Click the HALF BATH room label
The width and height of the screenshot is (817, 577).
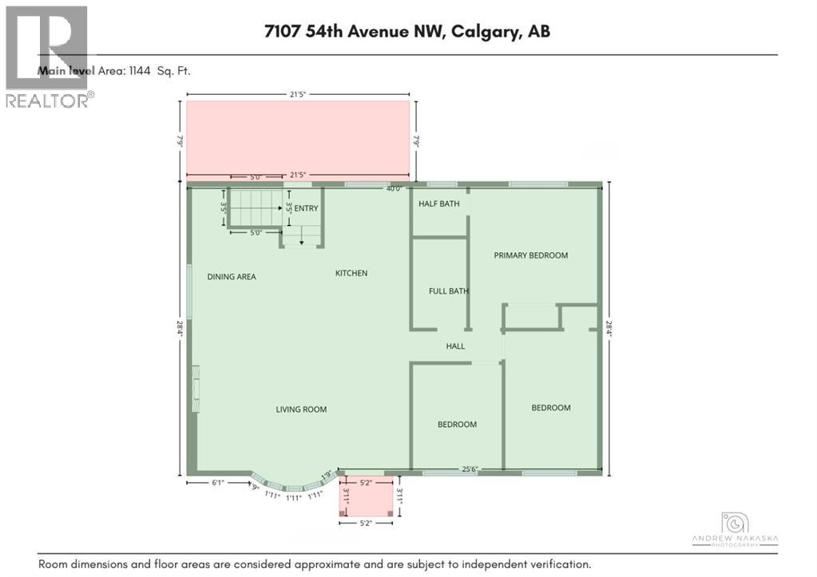tap(439, 204)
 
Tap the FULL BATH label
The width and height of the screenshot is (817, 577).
tap(448, 291)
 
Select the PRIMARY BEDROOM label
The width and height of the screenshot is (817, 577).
tap(530, 255)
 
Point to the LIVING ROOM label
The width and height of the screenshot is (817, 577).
tap(301, 409)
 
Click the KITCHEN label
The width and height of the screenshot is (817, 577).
tap(351, 273)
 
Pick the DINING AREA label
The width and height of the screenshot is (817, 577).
tap(232, 277)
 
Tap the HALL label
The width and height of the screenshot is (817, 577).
tap(455, 346)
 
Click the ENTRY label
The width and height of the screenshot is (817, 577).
tap(306, 208)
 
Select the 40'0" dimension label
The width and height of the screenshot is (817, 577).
tap(394, 189)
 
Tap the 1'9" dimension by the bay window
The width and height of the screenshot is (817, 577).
tap(326, 475)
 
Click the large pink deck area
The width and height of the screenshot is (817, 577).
tap(298, 136)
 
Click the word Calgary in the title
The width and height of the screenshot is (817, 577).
tap(479, 32)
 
